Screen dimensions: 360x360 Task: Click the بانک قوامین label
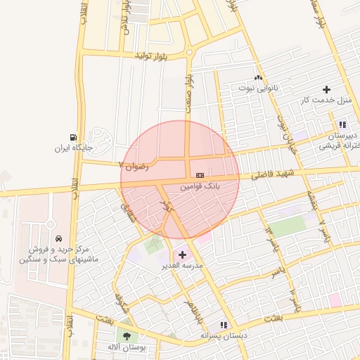pos(200,188)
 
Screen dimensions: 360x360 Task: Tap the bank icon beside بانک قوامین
pos(200,175)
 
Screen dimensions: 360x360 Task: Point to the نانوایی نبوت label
pos(259,89)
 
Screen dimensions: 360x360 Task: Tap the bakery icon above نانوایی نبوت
pos(259,77)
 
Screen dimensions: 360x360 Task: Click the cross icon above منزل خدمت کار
pos(326,89)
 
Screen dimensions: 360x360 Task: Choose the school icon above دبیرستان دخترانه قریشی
pos(342,124)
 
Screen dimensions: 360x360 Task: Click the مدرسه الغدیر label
pos(183,266)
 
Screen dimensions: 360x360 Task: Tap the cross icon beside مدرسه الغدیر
pos(183,254)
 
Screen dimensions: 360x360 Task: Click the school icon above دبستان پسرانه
pos(224,325)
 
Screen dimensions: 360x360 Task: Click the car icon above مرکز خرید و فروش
pos(58,238)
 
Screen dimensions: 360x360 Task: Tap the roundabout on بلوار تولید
pos(189,52)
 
